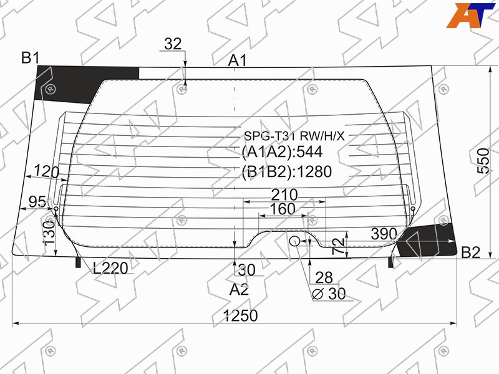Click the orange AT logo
470,15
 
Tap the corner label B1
31,58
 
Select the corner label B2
470,253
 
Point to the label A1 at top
238,60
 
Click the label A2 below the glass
239,290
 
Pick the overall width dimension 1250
240,316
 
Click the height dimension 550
483,161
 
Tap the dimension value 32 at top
173,44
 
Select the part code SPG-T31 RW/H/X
294,136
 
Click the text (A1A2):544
283,152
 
